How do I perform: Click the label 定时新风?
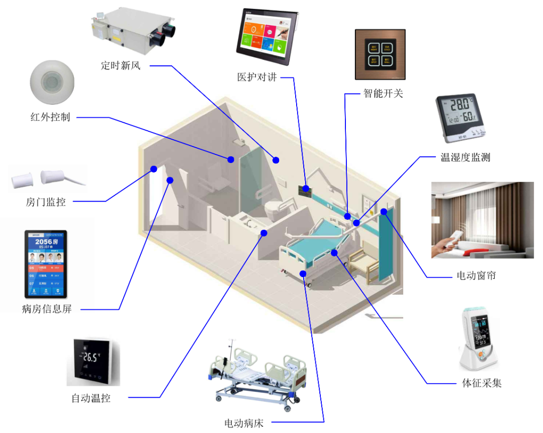click(x=121, y=65)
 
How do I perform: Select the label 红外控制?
click(x=50, y=118)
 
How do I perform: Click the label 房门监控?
click(x=45, y=202)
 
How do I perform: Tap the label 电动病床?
click(x=244, y=423)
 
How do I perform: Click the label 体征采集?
click(x=482, y=383)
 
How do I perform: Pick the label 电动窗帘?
click(x=476, y=276)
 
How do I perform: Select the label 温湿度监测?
click(x=465, y=157)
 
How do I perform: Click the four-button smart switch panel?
click(x=380, y=54)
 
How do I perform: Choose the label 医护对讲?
click(x=257, y=77)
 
